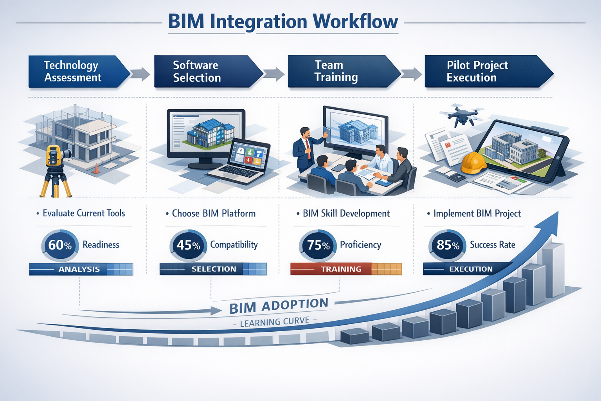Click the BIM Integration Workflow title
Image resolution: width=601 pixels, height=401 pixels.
point(283,22)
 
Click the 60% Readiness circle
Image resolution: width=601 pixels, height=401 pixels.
point(60,246)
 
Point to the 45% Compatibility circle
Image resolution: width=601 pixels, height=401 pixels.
point(188,246)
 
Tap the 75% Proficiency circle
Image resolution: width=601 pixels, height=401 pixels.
point(318,246)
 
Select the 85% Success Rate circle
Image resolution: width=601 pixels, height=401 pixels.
point(448,246)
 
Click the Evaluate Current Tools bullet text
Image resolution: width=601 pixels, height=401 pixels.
point(83,213)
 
